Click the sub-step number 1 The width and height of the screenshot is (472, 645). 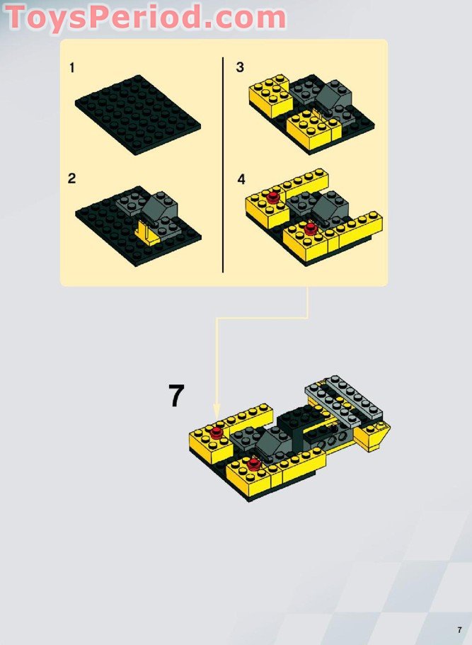(x=72, y=67)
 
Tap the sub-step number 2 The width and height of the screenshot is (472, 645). (x=72, y=178)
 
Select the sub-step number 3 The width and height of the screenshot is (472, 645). (x=240, y=67)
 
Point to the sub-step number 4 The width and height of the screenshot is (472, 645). (x=241, y=179)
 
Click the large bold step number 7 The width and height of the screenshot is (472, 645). (x=176, y=395)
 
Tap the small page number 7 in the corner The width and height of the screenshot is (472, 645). (x=460, y=630)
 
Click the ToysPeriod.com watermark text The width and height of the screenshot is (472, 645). (x=145, y=17)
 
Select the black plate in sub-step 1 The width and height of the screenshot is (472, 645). (x=138, y=115)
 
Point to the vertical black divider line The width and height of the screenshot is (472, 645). (x=223, y=164)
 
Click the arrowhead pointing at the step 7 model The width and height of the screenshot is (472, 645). (x=217, y=411)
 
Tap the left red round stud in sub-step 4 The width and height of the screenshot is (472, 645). (x=273, y=198)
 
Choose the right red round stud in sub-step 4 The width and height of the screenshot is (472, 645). (x=311, y=229)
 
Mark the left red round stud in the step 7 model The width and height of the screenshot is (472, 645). (x=217, y=433)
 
